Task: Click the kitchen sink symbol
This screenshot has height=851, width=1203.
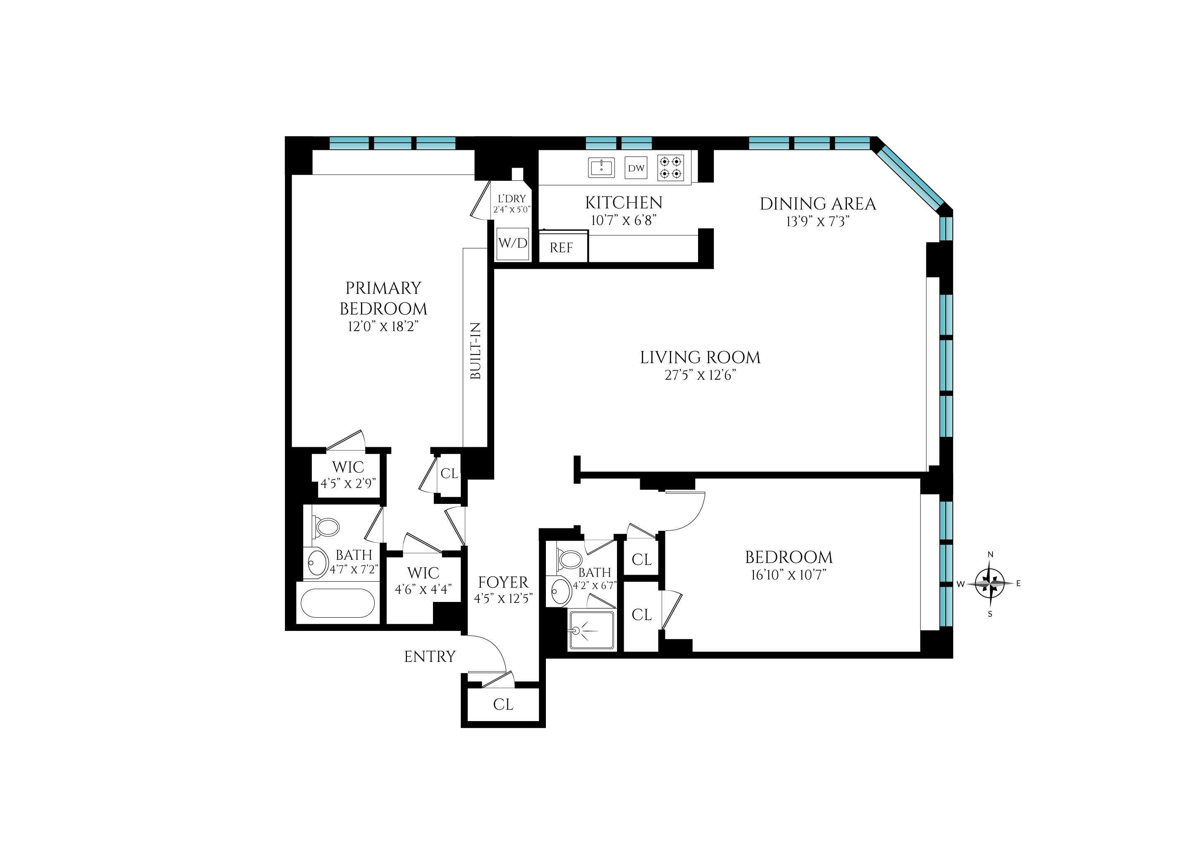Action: [x=601, y=168]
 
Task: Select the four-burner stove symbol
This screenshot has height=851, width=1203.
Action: [x=671, y=168]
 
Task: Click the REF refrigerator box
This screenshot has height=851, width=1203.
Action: [x=562, y=247]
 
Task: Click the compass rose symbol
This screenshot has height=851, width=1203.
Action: [x=990, y=583]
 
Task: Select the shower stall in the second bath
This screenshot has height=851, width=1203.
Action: [x=591, y=630]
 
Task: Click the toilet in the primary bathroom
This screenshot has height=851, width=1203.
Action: [x=326, y=527]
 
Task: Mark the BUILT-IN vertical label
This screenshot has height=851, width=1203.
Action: [x=475, y=351]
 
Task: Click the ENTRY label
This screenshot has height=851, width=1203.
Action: [x=430, y=657]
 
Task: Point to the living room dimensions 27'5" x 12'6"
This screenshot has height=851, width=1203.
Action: [x=700, y=375]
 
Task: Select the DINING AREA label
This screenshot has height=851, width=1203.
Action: [x=818, y=204]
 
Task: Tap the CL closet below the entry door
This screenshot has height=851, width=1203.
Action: [x=503, y=704]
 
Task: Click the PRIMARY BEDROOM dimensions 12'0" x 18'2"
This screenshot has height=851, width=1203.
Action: [x=383, y=326]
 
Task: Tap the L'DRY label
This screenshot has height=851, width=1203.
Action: [x=512, y=199]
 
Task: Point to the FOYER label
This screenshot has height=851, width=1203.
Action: [x=503, y=582]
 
